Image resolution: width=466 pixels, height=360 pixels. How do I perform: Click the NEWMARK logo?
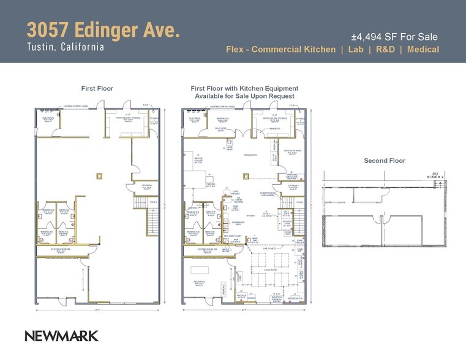click(61, 336)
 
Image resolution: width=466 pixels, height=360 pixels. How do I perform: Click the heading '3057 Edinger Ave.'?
click(103, 30)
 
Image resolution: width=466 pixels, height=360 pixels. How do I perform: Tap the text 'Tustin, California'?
click(65, 47)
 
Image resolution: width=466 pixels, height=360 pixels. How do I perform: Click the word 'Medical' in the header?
click(423, 50)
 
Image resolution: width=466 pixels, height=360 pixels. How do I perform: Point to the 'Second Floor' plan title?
click(385, 161)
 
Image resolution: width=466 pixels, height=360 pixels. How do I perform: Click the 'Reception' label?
click(199, 282)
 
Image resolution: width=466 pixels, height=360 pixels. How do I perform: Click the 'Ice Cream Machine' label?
click(222, 200)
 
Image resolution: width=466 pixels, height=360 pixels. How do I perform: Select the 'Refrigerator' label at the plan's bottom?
click(295, 299)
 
